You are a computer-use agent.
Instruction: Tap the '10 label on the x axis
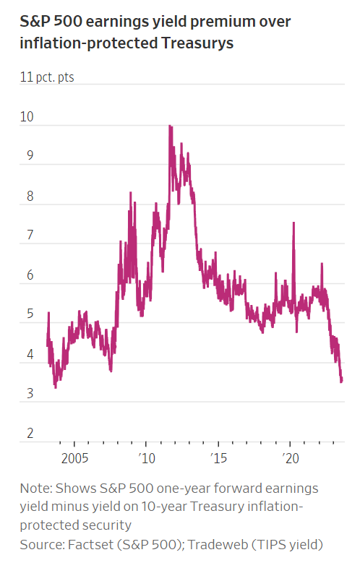pos(145,458)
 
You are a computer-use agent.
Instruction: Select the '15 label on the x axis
pos(218,458)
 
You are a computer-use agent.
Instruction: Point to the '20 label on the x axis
pos(290,458)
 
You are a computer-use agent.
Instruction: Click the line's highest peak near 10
pos(170,126)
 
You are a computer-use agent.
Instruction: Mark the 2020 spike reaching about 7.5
pos(293,223)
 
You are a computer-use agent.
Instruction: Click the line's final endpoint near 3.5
pos(341,380)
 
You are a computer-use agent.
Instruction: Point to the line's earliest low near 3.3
pos(56,387)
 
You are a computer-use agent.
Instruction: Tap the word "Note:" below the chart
pos(36,488)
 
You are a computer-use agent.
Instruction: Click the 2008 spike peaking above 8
pos(130,193)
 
